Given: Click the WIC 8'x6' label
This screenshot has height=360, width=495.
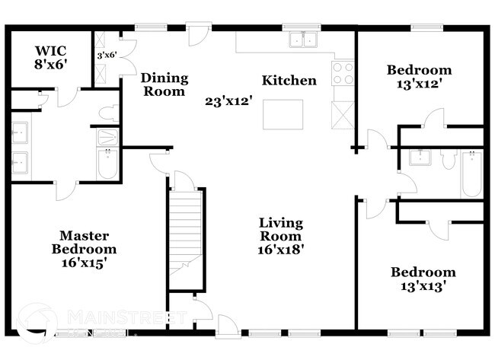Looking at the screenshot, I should point(52,58).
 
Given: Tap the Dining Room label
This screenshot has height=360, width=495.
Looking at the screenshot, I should point(163,84).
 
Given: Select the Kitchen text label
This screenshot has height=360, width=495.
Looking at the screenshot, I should point(289,81).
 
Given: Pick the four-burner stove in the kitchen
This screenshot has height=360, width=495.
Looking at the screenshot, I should point(343,73).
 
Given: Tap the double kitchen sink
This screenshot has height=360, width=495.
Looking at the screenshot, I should point(303,40).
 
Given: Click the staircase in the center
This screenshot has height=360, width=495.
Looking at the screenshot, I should point(186,237).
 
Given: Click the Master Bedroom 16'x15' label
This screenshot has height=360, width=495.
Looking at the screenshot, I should point(84,249).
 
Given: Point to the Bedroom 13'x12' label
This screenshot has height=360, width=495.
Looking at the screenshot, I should point(419,77).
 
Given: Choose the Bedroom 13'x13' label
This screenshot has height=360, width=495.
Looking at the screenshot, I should point(423,279).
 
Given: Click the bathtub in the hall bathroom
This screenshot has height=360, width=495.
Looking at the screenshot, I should point(471,174).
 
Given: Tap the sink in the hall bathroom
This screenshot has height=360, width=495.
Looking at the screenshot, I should point(418,158).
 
